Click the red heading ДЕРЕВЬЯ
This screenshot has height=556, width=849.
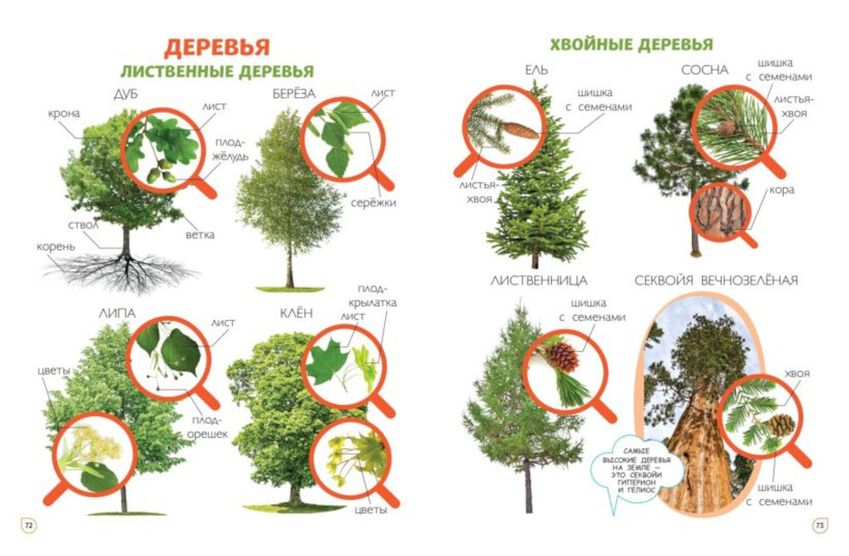216,47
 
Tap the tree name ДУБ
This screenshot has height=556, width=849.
126,94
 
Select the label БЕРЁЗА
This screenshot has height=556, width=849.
294,94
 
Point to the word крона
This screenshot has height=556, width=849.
64,114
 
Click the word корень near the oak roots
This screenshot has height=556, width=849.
56,247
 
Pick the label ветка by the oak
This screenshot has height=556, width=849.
200,235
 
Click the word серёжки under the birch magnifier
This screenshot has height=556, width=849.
373,203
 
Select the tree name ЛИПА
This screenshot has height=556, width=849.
117,313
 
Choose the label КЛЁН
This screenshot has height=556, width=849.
296,313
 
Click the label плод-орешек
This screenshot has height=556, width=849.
207,427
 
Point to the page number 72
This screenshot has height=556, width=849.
29,525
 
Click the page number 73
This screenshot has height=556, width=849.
820,525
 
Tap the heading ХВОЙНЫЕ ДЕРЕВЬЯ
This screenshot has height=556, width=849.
632,44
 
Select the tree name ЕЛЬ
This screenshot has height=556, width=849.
536,70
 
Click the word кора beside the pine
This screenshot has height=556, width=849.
782,190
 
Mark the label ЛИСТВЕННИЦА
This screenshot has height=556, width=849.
539,280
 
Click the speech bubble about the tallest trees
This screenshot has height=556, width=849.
632,470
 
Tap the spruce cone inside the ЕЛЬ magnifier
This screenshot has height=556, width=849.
520,131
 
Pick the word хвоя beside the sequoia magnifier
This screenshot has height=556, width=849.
797,374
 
